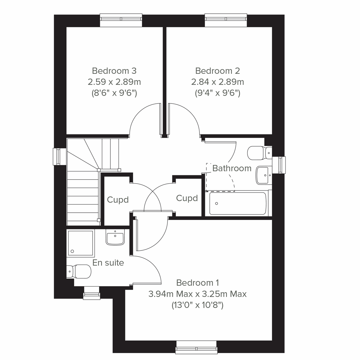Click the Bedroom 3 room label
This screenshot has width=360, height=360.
click(x=114, y=71)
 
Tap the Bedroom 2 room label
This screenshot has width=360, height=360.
click(x=217, y=71)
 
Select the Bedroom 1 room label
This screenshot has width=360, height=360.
click(x=197, y=283)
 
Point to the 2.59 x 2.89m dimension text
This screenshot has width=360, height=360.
click(x=114, y=82)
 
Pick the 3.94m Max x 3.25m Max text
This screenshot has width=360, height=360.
click(x=197, y=294)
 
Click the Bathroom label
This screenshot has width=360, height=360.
click(x=232, y=168)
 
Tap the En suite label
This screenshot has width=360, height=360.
click(x=108, y=263)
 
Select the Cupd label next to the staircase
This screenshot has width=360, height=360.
click(x=118, y=200)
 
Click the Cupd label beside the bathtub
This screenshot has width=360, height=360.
click(x=187, y=198)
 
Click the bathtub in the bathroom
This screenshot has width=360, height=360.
click(x=238, y=204)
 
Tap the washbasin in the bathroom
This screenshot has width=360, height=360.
click(x=263, y=175)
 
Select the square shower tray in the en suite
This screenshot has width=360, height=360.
click(x=80, y=243)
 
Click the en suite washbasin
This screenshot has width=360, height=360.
click(x=115, y=238)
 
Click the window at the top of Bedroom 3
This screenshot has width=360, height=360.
click(x=121, y=19)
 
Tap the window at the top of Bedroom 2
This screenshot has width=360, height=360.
click(x=226, y=19)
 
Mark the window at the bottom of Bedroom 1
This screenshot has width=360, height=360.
click(x=196, y=346)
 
